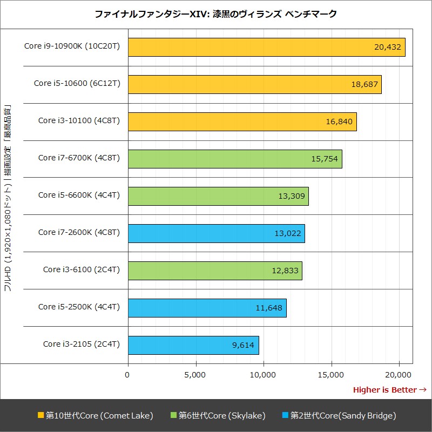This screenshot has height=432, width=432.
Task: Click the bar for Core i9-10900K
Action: coord(266,47)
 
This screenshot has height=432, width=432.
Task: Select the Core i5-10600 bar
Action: coord(254,84)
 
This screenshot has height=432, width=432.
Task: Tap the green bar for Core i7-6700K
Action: coord(235,159)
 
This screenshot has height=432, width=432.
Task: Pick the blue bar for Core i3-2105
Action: coord(193,345)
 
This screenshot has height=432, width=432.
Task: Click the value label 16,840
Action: coord(339,122)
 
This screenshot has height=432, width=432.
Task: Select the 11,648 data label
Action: coord(269,308)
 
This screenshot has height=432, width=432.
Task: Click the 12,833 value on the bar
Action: coord(285,271)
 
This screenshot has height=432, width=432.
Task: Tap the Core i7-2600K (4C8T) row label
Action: coord(79,232)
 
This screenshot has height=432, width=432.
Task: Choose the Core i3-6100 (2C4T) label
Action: coord(81,269)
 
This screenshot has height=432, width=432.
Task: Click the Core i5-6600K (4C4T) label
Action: coord(79,195)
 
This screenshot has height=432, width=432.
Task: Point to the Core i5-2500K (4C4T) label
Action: coord(79,307)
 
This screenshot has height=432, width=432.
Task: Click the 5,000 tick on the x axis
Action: coord(195,374)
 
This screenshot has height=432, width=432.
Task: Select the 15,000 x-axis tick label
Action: coord(331,374)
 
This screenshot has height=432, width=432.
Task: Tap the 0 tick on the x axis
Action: coord(128,374)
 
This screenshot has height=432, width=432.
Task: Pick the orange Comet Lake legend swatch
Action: coord(40,416)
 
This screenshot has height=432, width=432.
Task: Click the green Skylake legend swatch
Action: coord(173,416)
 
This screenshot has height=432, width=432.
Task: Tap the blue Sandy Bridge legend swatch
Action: coord(285,416)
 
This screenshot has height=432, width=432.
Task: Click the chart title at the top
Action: coord(215,13)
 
